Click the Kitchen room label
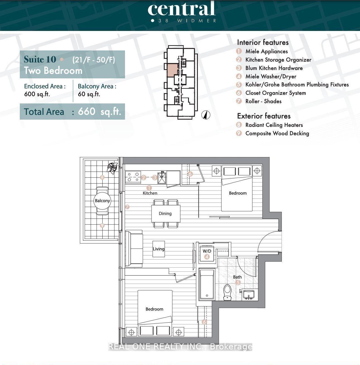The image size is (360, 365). pyautogui.click(x=150, y=193)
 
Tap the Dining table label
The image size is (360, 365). pyautogui.click(x=165, y=213)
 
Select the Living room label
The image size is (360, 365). pyautogui.click(x=159, y=249)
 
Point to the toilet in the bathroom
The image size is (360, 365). pyautogui.click(x=228, y=292)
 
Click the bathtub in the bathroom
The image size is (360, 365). pyautogui.click(x=207, y=284)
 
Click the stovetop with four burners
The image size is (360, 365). pyautogui.click(x=133, y=177)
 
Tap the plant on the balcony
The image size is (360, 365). pyautogui.click(x=112, y=168)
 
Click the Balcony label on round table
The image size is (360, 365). pyautogui.click(x=102, y=201)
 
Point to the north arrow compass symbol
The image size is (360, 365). pyautogui.click(x=206, y=115)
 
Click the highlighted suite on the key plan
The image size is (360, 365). pyautogui.click(x=172, y=69)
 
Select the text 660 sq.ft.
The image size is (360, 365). pyautogui.click(x=99, y=112)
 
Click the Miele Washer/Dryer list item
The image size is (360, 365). pyautogui.click(x=271, y=76)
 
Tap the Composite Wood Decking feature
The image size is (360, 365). pyautogui.click(x=277, y=133)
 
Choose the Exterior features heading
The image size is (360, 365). pyautogui.click(x=264, y=116)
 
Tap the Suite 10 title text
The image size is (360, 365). pyautogui.click(x=40, y=59)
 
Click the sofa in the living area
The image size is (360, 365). pyautogui.click(x=134, y=249)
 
